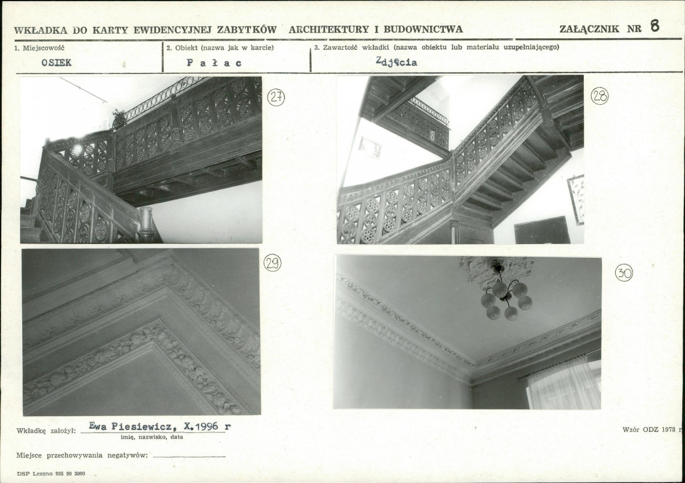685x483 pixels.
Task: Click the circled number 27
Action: (x=276, y=97)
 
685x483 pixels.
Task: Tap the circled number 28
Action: (x=599, y=95)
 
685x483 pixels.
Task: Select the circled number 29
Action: (x=273, y=263)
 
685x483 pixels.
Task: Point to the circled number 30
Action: (x=624, y=273)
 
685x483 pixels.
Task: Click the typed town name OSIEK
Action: (x=57, y=62)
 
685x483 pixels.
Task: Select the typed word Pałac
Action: (x=214, y=63)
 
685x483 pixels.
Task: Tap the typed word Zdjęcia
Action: (x=396, y=62)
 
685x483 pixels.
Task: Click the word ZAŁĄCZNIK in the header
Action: (x=590, y=29)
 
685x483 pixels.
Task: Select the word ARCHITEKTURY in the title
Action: (x=329, y=29)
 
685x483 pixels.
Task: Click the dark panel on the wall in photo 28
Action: (x=541, y=230)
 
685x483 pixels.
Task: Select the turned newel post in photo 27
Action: (x=147, y=224)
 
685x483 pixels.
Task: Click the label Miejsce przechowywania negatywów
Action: (x=82, y=455)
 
